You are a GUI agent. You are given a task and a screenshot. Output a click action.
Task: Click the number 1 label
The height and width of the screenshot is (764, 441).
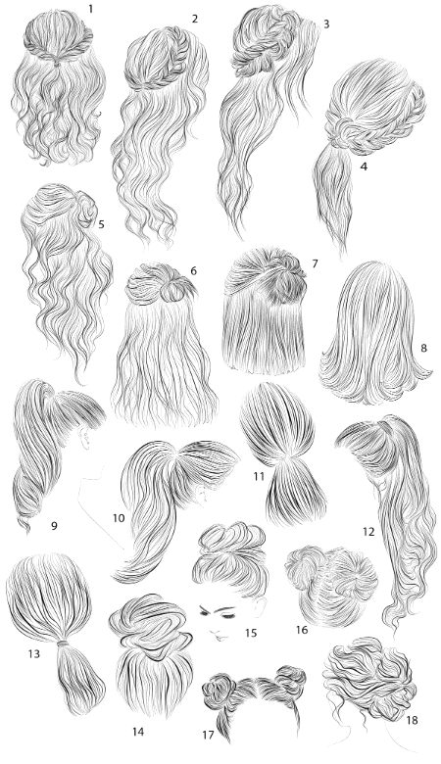coord(89,8)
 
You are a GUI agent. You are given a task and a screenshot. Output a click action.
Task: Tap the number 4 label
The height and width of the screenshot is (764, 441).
coord(364,167)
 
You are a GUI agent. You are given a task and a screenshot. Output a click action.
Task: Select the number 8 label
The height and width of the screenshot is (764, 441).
coord(423,348)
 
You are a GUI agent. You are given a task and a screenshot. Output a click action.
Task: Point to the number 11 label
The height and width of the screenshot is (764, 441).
coord(259,476)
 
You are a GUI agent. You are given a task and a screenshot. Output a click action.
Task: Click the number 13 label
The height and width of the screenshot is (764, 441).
coord(33,654)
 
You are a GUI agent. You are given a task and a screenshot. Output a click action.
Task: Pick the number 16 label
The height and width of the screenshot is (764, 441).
coord(302,630)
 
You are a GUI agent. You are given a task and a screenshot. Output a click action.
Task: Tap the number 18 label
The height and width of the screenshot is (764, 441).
coord(412,720)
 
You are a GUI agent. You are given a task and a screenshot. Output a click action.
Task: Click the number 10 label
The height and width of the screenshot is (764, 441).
coord(119,518)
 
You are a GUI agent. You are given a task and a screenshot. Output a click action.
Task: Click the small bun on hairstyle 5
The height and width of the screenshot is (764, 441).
coord(86,207)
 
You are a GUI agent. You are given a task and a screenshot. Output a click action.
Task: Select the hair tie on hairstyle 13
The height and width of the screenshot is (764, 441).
coord(63,645)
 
